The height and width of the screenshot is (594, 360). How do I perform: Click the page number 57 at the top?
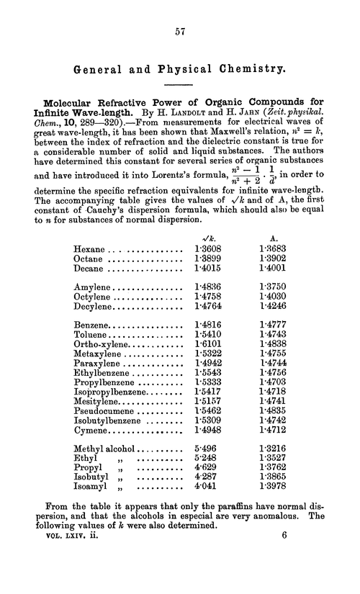[x=180, y=32]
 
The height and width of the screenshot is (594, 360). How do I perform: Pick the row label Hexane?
[x=89, y=249]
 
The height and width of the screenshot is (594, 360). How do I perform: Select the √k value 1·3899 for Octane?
[x=207, y=259]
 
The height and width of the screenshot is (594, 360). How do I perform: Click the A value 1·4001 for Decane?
[x=271, y=269]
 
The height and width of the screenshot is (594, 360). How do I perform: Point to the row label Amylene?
[x=94, y=286]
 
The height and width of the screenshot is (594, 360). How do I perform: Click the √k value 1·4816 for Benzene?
[x=207, y=325]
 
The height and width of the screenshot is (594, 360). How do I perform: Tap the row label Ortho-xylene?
[x=101, y=346]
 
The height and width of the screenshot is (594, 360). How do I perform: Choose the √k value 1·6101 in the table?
[x=207, y=346]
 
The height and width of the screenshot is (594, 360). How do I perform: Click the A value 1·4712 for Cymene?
[x=271, y=431]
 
